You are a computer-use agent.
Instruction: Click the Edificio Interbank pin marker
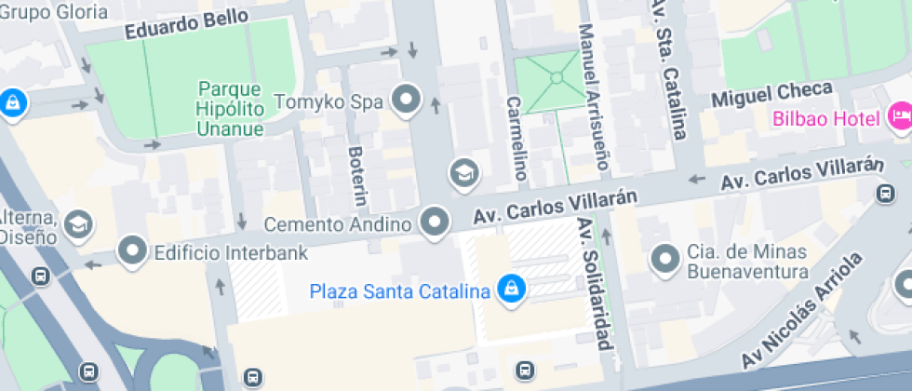[x=132, y=250]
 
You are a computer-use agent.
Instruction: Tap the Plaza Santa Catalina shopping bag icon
[x=510, y=290]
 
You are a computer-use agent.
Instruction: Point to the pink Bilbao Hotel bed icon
[x=900, y=116]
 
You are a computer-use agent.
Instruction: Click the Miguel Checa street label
[x=771, y=95]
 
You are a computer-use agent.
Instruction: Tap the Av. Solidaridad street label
[x=597, y=283]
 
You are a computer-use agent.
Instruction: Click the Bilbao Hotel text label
[x=826, y=120]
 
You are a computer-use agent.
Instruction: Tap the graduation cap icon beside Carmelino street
[x=463, y=172]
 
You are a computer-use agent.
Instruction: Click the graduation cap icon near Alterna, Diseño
[x=80, y=223]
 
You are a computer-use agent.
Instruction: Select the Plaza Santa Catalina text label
[x=400, y=291]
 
